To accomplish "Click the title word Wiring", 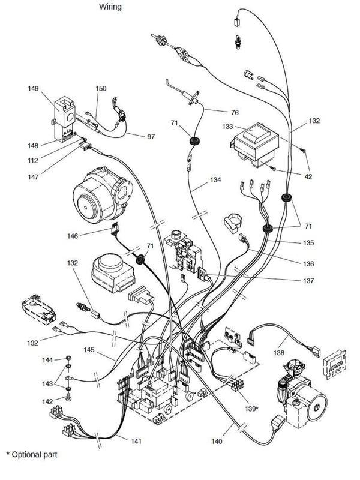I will click(x=110, y=7).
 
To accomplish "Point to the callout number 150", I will click(x=101, y=89).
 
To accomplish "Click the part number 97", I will click(x=151, y=137).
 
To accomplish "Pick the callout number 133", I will click(x=229, y=127).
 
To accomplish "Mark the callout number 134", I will click(x=215, y=179).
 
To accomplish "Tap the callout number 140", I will click(x=216, y=442).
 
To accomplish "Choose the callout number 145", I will click(x=90, y=350).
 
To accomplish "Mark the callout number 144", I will click(x=47, y=359).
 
